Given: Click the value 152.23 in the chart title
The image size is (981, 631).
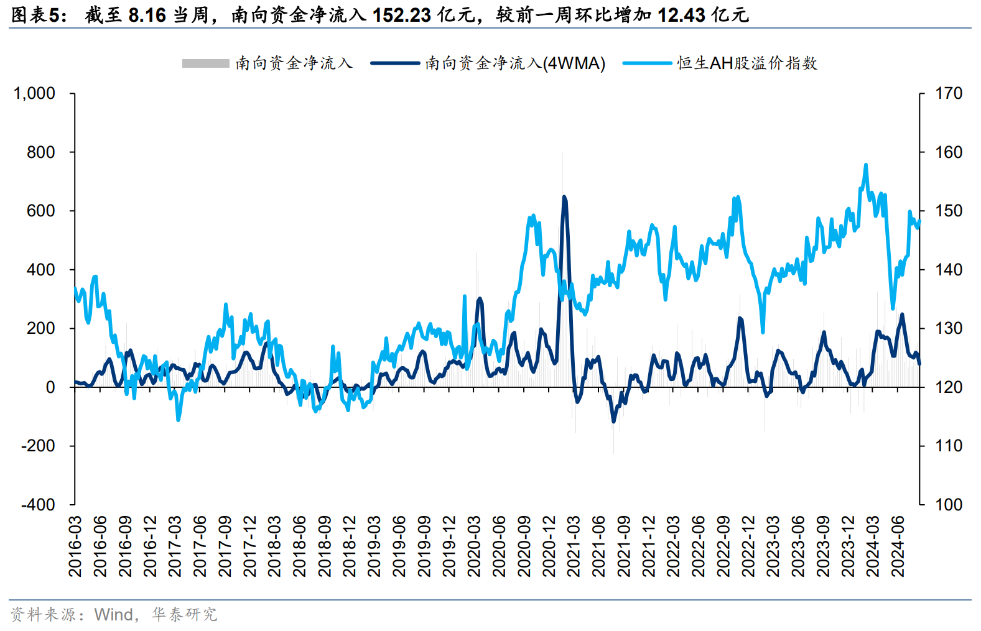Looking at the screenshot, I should click(401, 15).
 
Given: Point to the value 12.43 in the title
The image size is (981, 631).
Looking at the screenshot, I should click(681, 15).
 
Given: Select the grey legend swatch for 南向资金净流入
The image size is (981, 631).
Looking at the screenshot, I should click(205, 63).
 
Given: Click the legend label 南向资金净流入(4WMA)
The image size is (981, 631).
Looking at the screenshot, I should click(515, 63).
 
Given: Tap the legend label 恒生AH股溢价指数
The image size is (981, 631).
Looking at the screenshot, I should click(746, 63).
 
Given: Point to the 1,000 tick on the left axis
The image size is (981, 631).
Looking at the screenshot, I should click(35, 93).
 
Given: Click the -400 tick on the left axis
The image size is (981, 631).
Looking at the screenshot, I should click(39, 504).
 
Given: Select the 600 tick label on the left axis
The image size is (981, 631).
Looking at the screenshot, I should click(41, 211).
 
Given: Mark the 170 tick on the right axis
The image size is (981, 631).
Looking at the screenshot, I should click(949, 93).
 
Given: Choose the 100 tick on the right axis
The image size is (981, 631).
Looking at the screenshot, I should click(949, 504).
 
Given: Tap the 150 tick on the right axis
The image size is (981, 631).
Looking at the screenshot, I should click(949, 211).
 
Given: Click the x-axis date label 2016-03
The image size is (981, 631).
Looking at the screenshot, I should click(75, 546).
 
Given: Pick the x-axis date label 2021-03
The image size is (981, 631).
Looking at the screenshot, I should click(574, 546).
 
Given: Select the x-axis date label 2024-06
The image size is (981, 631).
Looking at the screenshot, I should click(898, 546).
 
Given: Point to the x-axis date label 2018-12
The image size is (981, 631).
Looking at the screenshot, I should click(349, 546).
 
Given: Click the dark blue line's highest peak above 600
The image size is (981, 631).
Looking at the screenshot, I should click(564, 197).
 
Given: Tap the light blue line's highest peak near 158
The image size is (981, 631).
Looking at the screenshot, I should click(865, 165).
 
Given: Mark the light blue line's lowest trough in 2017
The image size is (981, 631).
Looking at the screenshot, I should click(179, 420).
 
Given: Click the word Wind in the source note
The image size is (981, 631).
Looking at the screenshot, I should click(114, 615).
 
